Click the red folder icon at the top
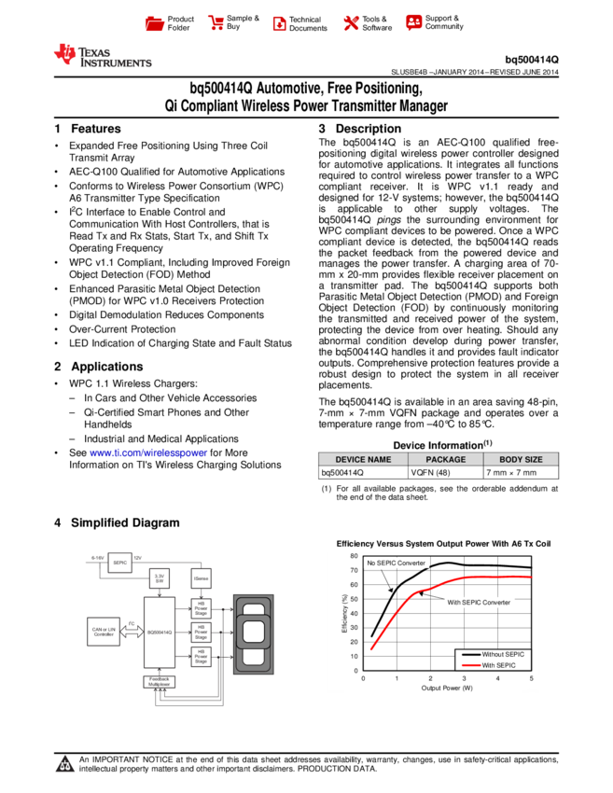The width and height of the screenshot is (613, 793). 155,23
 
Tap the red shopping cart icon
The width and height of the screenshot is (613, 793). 216,23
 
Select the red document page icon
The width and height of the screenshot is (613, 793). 279,23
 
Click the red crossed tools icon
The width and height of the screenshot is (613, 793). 351,23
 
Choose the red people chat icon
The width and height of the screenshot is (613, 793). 414,22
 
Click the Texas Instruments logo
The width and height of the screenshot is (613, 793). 102,56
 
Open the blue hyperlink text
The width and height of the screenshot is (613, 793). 148,453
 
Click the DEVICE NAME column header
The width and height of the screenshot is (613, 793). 363,460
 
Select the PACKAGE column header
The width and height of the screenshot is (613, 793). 445,460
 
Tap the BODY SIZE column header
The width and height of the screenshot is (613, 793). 521,460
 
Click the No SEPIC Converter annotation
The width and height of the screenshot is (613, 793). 397,563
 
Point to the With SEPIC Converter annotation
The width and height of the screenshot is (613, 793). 479,603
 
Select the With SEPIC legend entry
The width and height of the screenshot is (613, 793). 498,665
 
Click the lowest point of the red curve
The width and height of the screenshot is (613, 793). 371,649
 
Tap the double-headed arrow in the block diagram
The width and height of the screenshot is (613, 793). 132,632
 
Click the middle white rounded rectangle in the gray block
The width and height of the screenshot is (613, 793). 253,632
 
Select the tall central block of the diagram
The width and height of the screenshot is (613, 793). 159,632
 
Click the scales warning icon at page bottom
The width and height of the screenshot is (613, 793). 64,765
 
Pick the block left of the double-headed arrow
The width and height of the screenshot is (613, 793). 103,632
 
